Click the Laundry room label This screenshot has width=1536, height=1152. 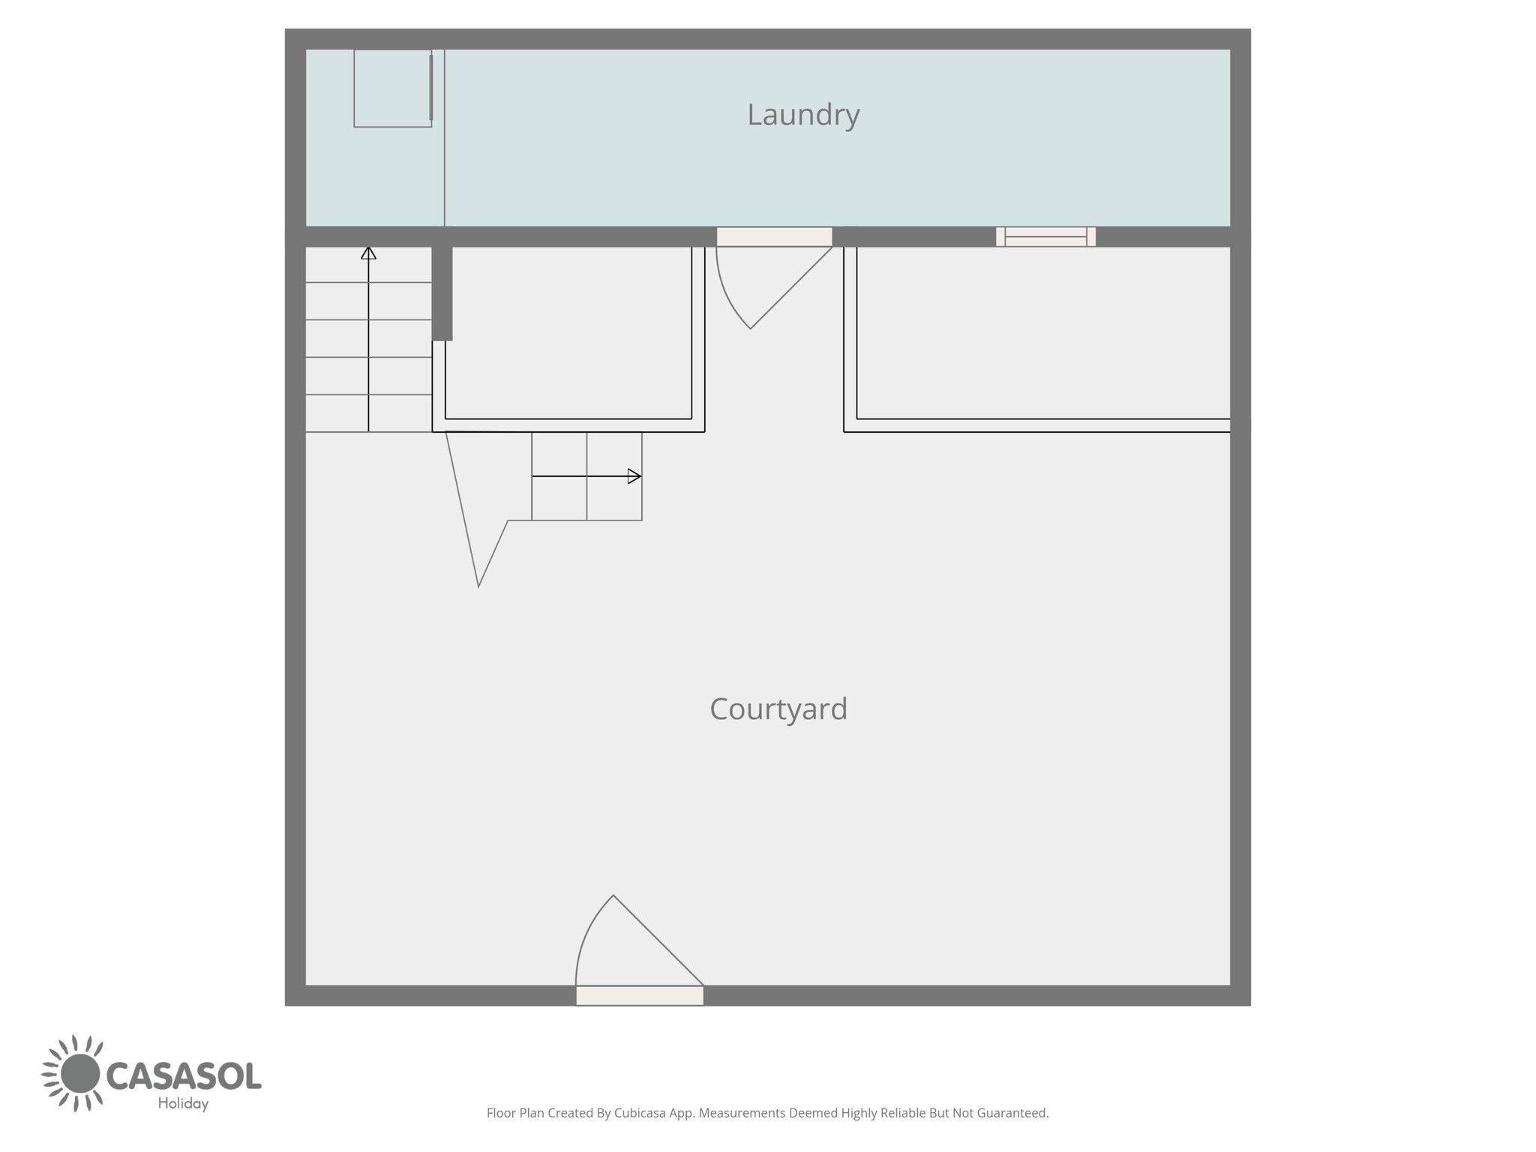[803, 115]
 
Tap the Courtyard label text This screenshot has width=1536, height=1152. [778, 709]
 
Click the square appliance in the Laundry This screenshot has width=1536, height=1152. [393, 88]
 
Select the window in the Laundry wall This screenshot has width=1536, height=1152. [1045, 236]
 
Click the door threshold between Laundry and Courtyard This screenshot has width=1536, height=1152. [774, 236]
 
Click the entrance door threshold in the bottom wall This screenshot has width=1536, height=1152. [640, 995]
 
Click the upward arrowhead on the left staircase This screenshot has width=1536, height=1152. [368, 253]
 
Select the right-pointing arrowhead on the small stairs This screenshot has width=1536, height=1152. [634, 476]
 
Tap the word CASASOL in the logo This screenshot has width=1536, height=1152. [184, 1075]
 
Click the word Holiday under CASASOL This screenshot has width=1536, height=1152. [183, 1103]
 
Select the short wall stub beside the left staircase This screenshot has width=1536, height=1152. [442, 293]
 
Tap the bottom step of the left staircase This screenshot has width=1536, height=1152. [368, 413]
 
